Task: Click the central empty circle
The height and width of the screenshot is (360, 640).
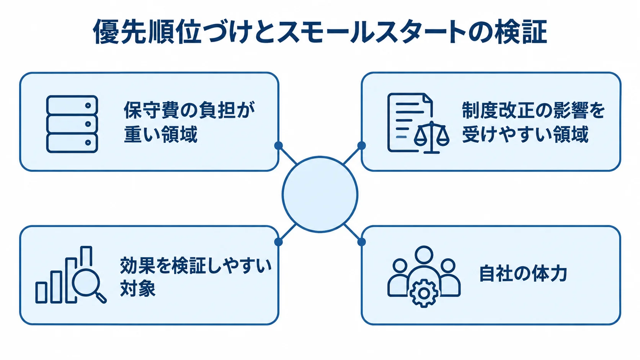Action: pos(320,194)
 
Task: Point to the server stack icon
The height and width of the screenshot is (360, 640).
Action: pos(72,124)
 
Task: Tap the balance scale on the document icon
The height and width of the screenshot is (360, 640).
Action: pos(431,137)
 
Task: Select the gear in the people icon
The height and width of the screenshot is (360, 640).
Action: pos(424,293)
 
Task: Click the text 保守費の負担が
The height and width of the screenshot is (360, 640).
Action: pos(189,110)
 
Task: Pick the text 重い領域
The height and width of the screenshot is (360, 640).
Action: pos(160,134)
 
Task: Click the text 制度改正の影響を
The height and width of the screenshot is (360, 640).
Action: pos(533,110)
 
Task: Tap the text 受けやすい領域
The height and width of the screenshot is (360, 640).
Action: pos(525,134)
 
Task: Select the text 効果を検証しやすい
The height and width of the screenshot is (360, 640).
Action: pos(196,266)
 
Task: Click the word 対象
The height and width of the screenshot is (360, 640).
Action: pos(138,288)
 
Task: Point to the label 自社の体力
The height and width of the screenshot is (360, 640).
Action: pos(523,273)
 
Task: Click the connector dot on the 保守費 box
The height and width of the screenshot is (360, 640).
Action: pos(278,145)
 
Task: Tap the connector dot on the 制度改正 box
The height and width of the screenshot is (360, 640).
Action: pos(361,145)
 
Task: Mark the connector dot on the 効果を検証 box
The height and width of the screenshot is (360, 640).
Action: pos(278,242)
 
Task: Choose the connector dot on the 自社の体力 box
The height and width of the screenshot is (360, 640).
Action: pos(361,242)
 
